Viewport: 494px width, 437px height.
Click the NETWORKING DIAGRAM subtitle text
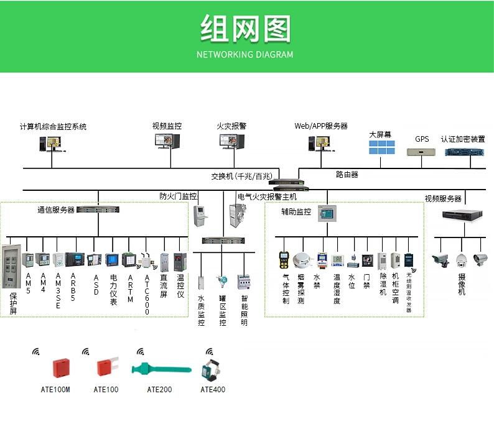pos(245,55)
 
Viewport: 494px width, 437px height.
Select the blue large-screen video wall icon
pos(381,147)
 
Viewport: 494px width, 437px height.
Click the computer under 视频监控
pos(167,142)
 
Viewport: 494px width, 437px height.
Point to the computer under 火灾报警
pos(231,142)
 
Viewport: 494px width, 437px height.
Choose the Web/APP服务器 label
pos(321,126)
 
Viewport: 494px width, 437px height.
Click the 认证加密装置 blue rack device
pos(464,152)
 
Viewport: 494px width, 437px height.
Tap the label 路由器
pos(347,175)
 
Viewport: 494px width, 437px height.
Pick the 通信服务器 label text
pos(56,210)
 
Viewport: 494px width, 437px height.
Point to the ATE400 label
pos(213,390)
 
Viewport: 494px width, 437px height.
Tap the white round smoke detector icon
pos(302,260)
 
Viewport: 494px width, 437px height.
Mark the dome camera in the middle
pos(461,260)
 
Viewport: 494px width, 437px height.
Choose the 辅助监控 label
pos(296,211)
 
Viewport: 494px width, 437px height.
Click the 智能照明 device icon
pos(244,282)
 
